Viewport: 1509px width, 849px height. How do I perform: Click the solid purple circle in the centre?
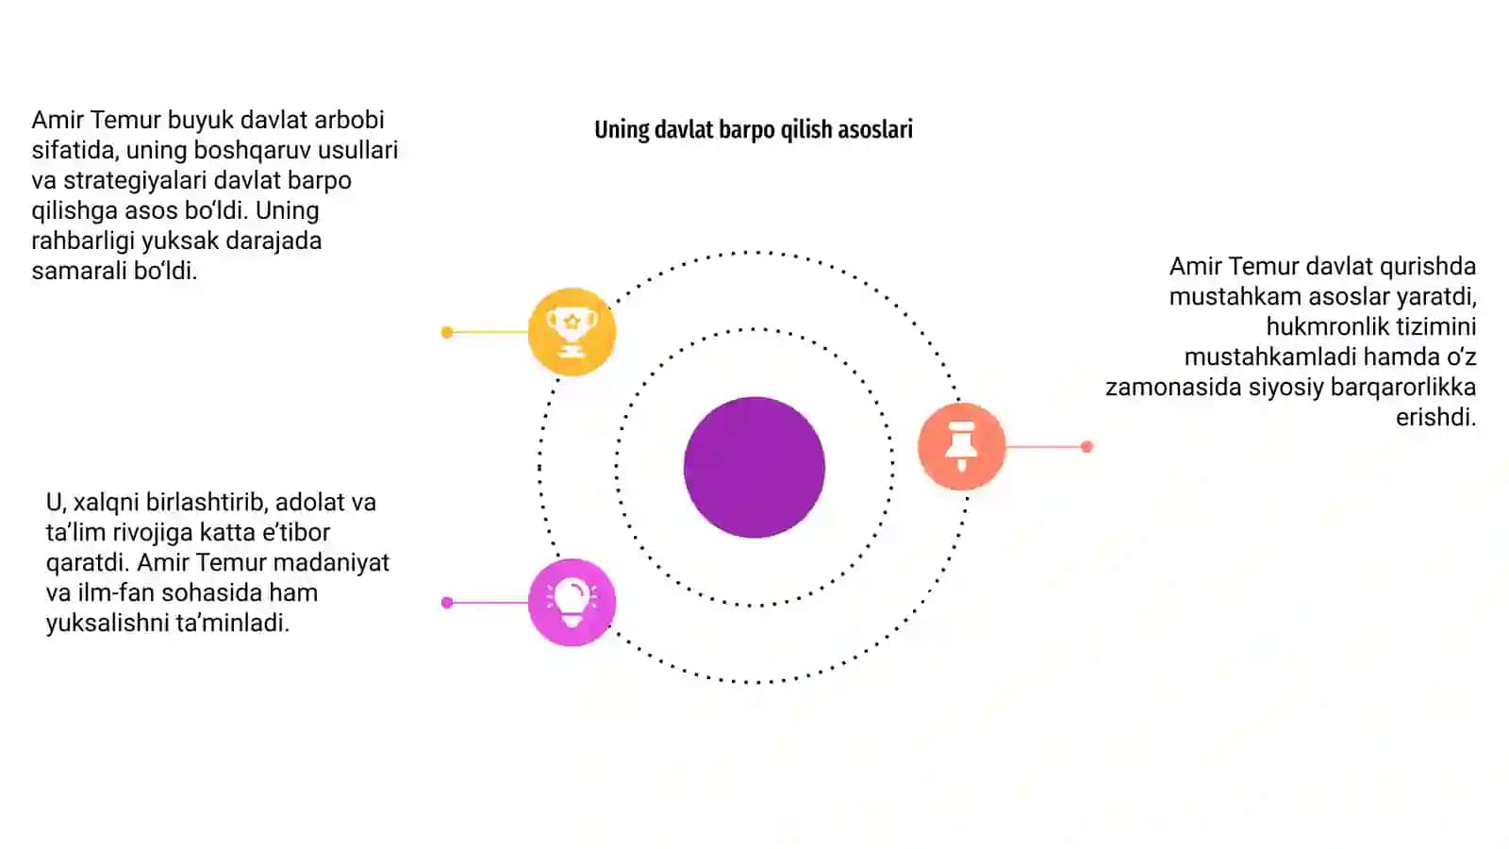point(754,467)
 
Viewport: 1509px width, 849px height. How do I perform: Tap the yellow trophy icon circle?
point(572,331)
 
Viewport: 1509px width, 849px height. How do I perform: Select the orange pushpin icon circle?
point(962,446)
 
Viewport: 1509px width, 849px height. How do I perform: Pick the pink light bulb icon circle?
point(572,603)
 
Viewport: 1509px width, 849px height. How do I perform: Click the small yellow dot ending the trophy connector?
point(447,332)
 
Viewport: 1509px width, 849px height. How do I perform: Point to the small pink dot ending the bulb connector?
point(447,603)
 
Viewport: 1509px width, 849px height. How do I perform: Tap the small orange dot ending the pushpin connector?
point(1086,447)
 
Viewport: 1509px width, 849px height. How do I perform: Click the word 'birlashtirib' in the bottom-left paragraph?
point(207,503)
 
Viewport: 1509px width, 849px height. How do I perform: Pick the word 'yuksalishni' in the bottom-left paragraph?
point(108,624)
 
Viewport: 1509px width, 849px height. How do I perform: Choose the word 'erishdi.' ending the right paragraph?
point(1435,418)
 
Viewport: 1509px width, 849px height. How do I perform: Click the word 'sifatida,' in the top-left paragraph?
point(75,151)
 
